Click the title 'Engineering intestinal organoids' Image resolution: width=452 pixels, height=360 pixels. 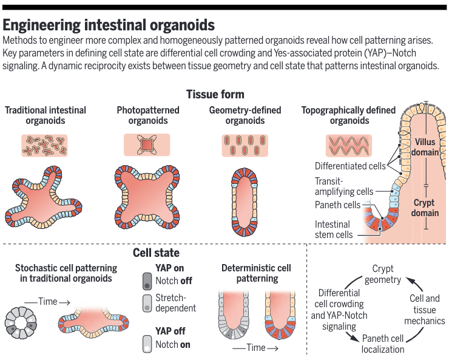(109, 25)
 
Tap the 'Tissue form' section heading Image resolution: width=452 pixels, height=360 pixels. (215, 94)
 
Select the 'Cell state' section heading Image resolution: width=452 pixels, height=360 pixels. (156, 253)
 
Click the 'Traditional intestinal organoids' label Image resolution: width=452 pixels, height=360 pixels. (46, 115)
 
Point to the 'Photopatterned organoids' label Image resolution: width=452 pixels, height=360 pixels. (148, 115)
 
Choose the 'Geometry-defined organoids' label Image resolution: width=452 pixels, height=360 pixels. (245, 115)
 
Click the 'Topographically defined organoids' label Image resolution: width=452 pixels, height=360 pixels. (349, 115)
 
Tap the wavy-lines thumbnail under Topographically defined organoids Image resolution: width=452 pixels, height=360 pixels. (348, 146)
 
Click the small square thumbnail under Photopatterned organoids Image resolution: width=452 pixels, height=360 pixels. (148, 146)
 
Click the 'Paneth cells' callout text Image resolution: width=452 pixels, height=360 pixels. (337, 205)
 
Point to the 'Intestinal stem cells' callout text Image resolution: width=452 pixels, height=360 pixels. (333, 229)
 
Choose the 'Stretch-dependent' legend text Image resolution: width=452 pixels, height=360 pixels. (176, 303)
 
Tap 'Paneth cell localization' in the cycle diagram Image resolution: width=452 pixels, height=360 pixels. (383, 344)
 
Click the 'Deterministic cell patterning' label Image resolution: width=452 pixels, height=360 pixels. (256, 273)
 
